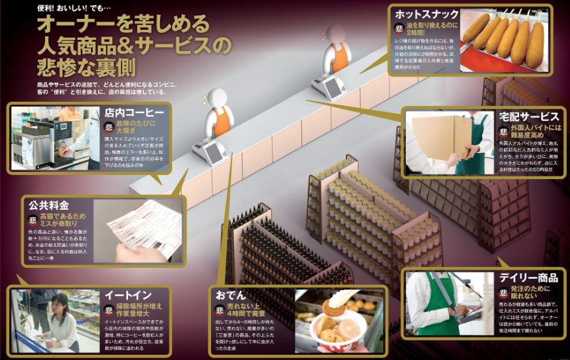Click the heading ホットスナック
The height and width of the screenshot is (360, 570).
(x=426, y=14)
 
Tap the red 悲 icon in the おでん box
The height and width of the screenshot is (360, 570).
(x=220, y=310)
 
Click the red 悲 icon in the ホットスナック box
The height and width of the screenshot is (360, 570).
(x=399, y=28)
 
